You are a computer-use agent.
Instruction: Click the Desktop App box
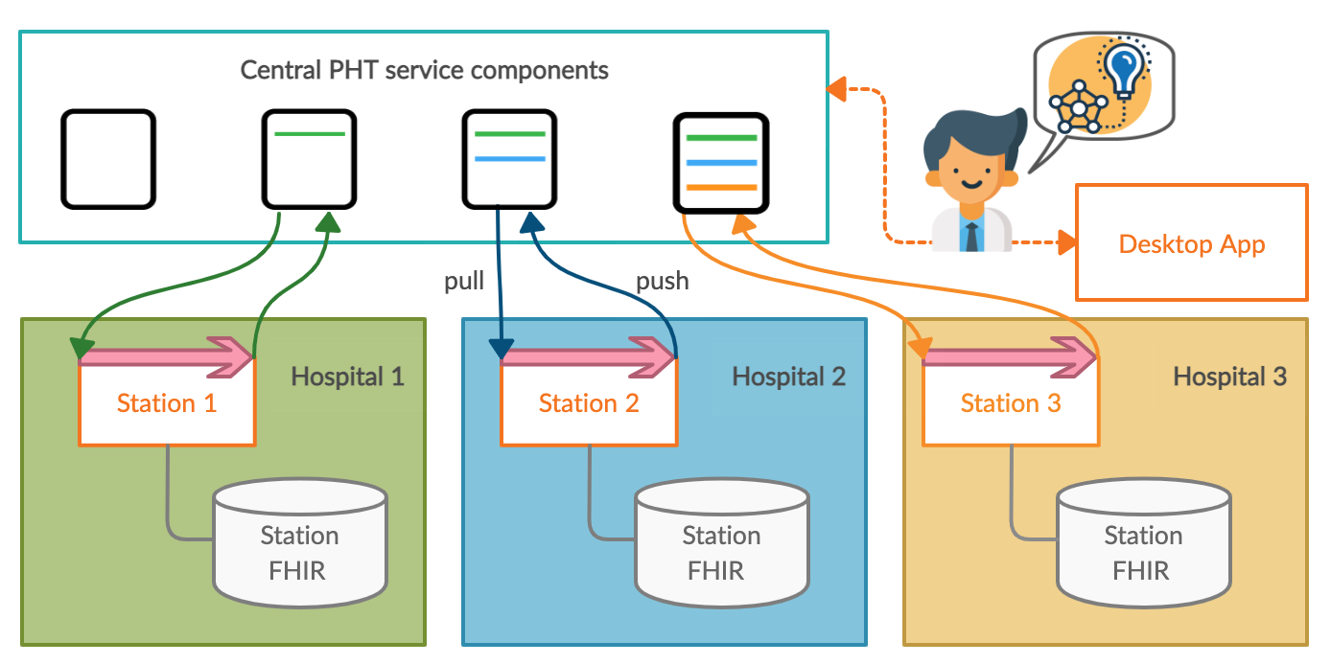coord(1191,243)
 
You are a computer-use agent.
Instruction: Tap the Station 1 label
coord(167,403)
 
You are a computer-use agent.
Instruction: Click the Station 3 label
coord(1011,403)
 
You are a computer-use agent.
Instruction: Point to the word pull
coord(464,282)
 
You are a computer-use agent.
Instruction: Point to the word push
coord(663,282)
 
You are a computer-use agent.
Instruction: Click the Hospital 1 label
coord(347,377)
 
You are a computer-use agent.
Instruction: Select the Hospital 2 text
coord(788,377)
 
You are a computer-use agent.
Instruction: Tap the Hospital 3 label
coord(1229,377)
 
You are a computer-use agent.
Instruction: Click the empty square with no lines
coord(108,159)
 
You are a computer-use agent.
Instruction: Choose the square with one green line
coord(310,159)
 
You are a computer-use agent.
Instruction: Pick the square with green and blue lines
coord(509,159)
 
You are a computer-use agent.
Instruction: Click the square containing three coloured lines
coord(721,163)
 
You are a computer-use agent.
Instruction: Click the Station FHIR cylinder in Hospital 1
coord(300,546)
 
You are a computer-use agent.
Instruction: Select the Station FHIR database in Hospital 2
coord(722,546)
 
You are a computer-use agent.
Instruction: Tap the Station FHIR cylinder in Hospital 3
coord(1143,546)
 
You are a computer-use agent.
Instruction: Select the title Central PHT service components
coord(424,70)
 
